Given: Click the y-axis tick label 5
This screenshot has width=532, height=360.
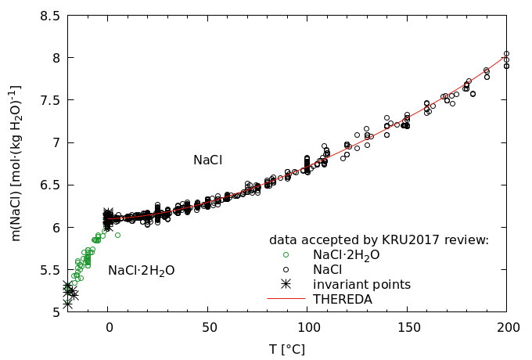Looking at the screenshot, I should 55,312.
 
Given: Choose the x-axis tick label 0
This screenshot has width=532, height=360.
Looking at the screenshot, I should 109,328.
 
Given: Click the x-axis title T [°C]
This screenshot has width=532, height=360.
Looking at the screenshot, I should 287,349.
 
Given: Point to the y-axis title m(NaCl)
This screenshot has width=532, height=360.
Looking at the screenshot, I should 16,164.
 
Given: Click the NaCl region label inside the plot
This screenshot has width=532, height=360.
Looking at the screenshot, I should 207,160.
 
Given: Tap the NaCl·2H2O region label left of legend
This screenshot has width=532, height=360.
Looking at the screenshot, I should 141,271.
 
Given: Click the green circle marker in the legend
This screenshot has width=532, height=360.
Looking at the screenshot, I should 286,254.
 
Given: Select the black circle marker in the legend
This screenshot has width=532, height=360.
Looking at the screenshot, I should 286,269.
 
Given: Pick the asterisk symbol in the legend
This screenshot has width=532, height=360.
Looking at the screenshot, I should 286,284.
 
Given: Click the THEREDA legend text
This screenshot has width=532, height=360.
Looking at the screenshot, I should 343,299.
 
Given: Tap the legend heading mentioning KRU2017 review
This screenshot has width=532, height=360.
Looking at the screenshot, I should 379,239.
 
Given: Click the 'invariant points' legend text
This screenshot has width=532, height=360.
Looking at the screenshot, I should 361,284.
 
